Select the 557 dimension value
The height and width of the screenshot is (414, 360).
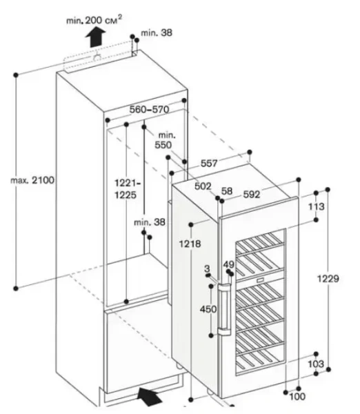[209, 164]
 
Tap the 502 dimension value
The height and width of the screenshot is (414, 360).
[203, 187]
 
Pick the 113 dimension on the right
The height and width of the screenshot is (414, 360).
[317, 206]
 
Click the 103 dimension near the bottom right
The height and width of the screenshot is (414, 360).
[317, 364]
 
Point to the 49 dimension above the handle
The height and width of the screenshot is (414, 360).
[228, 265]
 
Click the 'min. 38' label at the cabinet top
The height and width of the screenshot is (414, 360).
[157, 32]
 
